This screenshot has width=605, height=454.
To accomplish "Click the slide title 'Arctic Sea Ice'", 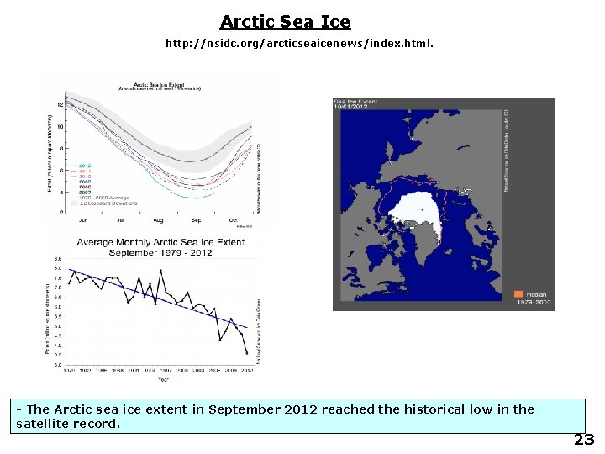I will pos(285,22).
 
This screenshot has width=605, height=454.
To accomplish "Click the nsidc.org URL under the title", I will pos(299,42).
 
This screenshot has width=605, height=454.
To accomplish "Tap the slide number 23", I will pos(584,440).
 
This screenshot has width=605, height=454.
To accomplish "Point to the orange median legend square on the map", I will pos(518,294).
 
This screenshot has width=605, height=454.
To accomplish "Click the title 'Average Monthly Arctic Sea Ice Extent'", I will pos(160,242).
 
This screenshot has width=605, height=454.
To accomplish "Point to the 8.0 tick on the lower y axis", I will pos(57,268).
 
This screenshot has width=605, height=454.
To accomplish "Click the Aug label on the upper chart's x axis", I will pos(159,220).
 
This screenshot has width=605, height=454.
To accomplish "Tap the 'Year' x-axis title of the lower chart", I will pos(163,379).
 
